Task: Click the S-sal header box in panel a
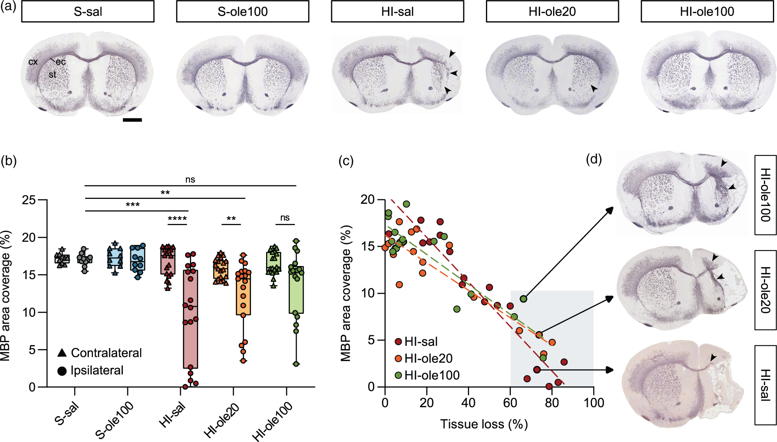pos(88,11)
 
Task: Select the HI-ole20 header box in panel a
pos(552,11)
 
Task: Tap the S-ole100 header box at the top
pos(242,11)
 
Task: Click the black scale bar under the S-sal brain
pos(132,120)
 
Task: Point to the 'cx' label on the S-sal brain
pos(33,62)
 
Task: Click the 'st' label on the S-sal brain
pos(52,74)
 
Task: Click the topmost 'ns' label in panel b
pos(190,179)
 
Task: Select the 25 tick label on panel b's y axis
pos(29,200)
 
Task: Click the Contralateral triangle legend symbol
pos(62,352)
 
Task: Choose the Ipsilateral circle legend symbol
pos(62,371)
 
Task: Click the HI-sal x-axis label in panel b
pos(172,414)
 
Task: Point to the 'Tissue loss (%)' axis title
pos(484,424)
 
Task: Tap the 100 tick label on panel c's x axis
pos(594,403)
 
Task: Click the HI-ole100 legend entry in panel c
pos(427,375)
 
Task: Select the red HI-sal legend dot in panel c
pos(398,342)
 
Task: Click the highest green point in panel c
pos(406,204)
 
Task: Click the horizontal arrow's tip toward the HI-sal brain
pos(613,370)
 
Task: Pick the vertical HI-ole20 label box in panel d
pos(765,290)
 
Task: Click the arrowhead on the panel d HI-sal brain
pos(713,358)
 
